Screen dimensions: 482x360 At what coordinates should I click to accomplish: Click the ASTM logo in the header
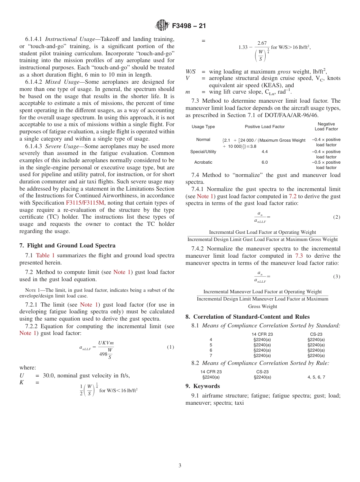pyautogui.click(x=162, y=26)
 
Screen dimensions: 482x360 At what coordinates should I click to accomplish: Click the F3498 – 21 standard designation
pyautogui.click(x=188, y=26)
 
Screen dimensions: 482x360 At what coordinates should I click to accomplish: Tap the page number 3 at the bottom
pyautogui.click(x=180, y=465)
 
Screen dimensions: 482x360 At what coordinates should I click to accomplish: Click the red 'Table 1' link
pyautogui.click(x=45, y=255)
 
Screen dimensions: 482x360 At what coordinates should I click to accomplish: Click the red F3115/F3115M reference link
pyautogui.click(x=85, y=202)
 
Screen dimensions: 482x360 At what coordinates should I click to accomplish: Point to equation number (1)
pyautogui.click(x=170, y=347)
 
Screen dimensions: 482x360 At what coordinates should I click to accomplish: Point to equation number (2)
pyautogui.click(x=337, y=217)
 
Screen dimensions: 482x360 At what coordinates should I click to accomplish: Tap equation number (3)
pyautogui.click(x=337, y=277)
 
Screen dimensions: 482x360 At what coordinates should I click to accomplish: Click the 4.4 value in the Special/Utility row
pyautogui.click(x=265, y=152)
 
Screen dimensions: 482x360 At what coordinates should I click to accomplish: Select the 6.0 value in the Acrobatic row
pyautogui.click(x=265, y=162)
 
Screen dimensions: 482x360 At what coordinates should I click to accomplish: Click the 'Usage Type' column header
pyautogui.click(x=203, y=127)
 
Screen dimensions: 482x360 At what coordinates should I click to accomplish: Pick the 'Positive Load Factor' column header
pyautogui.click(x=265, y=127)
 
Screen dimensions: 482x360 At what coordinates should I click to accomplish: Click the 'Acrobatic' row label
pyautogui.click(x=203, y=162)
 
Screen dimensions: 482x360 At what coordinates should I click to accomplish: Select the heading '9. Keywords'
pyautogui.click(x=202, y=386)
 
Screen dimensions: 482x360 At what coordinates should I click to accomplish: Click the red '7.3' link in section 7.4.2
pyautogui.click(x=299, y=256)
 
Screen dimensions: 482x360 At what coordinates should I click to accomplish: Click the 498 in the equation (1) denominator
pyautogui.click(x=103, y=354)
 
